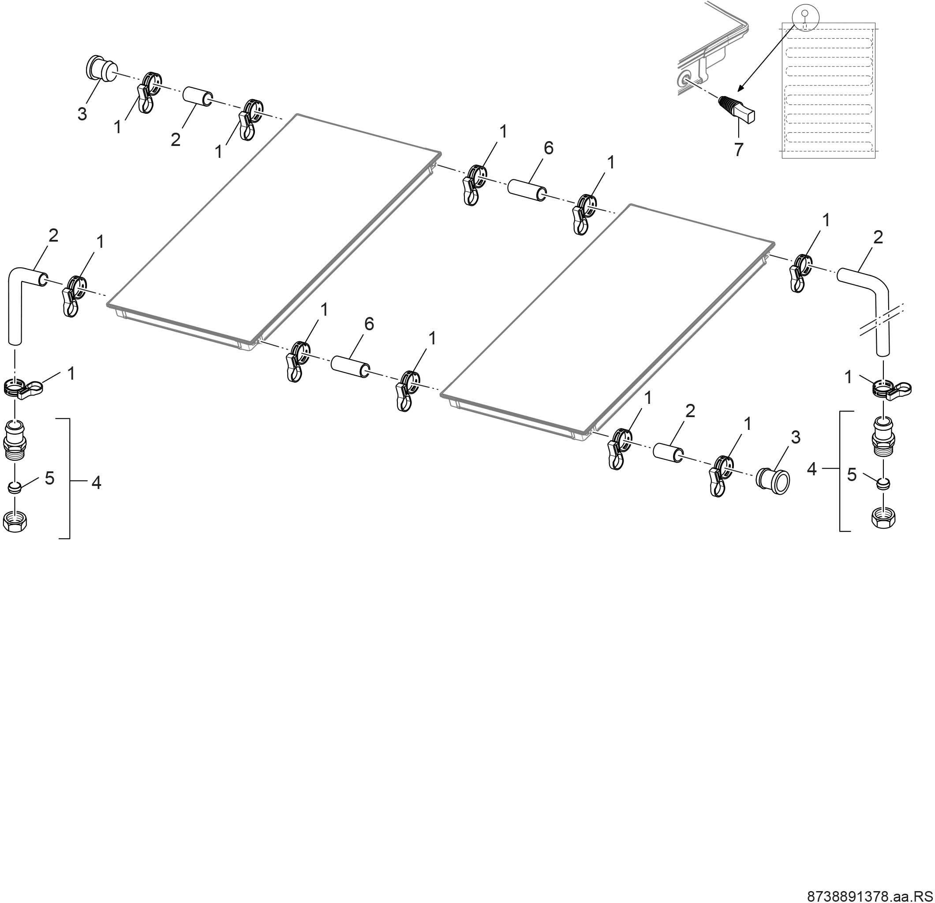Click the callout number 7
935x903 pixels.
click(x=738, y=150)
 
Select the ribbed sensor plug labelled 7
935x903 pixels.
click(x=737, y=110)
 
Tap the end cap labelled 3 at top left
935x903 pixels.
click(x=101, y=69)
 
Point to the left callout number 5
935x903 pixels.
click(x=49, y=478)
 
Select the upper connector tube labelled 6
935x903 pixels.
click(x=527, y=190)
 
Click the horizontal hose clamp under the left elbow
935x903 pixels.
click(x=23, y=387)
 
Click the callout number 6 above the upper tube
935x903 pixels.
click(x=549, y=148)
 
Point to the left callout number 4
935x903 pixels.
click(x=96, y=483)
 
